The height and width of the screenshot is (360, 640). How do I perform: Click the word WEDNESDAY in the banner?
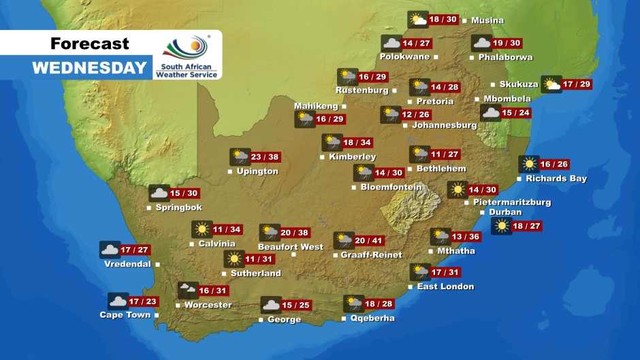coord(90,67)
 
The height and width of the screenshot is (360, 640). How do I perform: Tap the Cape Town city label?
coord(125,315)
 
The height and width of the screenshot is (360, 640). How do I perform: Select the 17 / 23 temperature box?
coord(143,301)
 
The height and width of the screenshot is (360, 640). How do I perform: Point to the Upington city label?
coord(257,171)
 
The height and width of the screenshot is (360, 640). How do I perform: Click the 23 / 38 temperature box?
coord(265,157)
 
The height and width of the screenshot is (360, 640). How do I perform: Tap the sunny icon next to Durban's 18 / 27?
coord(502,226)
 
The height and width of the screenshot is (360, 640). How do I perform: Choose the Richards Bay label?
coord(556,179)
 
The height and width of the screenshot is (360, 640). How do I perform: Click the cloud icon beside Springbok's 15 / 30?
coord(159,193)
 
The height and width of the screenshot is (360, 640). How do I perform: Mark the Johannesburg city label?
coord(445,125)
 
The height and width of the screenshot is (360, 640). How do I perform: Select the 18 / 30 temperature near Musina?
coord(443,20)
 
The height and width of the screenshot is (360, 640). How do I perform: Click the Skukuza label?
coord(519,84)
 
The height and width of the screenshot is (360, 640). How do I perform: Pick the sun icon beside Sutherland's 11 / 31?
coord(234,259)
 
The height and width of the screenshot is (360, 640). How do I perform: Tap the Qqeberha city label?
coord(372,318)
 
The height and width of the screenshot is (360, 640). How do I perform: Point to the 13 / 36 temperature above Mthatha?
coord(466,237)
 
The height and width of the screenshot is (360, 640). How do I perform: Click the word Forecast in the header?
coord(89,44)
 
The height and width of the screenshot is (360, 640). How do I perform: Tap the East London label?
coord(445,287)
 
